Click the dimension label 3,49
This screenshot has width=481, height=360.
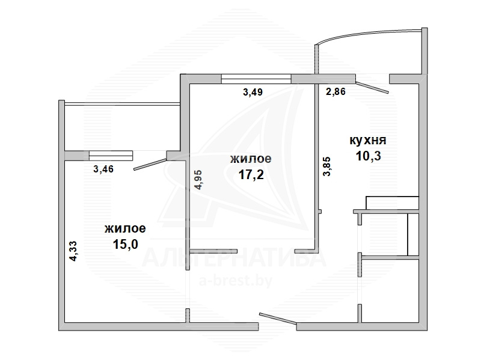[x=253, y=92]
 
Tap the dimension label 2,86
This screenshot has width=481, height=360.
[x=335, y=91]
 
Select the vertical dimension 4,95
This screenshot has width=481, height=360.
[x=199, y=180]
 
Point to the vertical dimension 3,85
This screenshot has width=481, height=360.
[x=327, y=166]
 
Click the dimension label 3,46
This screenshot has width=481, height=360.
[x=103, y=169]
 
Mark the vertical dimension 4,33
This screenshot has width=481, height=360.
[x=73, y=251]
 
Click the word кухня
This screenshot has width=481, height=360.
[x=368, y=141]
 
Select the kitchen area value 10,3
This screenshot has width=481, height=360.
[x=369, y=156]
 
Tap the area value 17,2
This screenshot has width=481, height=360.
[x=251, y=175]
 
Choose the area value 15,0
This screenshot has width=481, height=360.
[x=126, y=245]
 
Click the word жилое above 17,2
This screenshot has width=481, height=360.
[x=251, y=159]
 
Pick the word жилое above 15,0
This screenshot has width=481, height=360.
[x=125, y=228]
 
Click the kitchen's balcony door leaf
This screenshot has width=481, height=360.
[x=372, y=86]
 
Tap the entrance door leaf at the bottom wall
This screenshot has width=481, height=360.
[x=278, y=319]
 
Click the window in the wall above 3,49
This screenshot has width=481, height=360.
[x=256, y=79]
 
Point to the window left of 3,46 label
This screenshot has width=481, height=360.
[x=111, y=156]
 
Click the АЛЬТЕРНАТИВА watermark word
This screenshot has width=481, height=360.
[x=234, y=258]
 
